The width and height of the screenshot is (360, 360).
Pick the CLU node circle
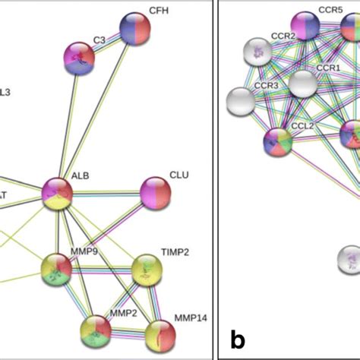[156, 192]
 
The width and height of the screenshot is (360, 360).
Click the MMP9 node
[57, 268]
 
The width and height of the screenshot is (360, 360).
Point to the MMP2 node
[96, 330]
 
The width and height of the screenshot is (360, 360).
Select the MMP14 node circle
[159, 335]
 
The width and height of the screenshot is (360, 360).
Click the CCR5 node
[305, 27]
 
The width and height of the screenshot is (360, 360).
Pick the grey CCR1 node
[303, 84]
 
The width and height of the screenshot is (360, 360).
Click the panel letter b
[238, 340]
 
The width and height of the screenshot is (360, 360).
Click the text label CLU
[179, 175]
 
